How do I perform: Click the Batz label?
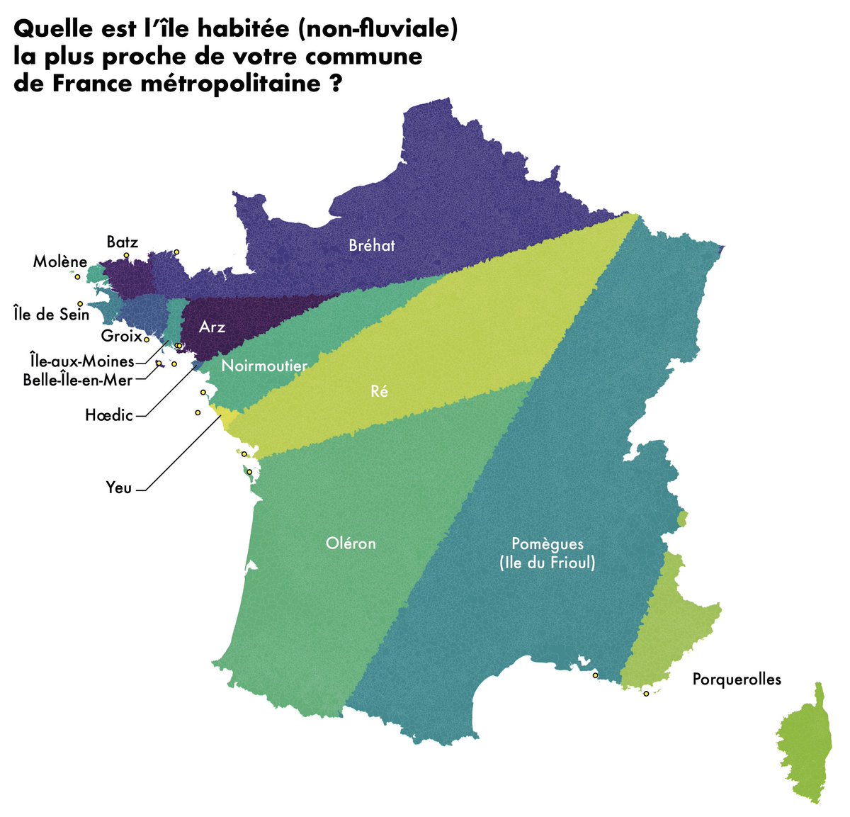122,242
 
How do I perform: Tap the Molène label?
60,262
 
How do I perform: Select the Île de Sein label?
52,313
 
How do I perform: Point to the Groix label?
121,336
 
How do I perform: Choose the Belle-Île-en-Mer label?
78,380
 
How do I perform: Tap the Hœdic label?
109,415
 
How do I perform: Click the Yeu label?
119,488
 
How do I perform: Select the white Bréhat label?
372,246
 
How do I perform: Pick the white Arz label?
212,327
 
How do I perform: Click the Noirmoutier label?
264,366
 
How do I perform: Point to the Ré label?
380,391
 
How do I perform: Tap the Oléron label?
351,543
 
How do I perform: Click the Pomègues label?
548,544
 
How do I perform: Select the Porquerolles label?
737,680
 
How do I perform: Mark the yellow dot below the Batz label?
126,255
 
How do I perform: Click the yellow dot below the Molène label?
77,277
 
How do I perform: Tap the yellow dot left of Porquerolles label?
646,694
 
